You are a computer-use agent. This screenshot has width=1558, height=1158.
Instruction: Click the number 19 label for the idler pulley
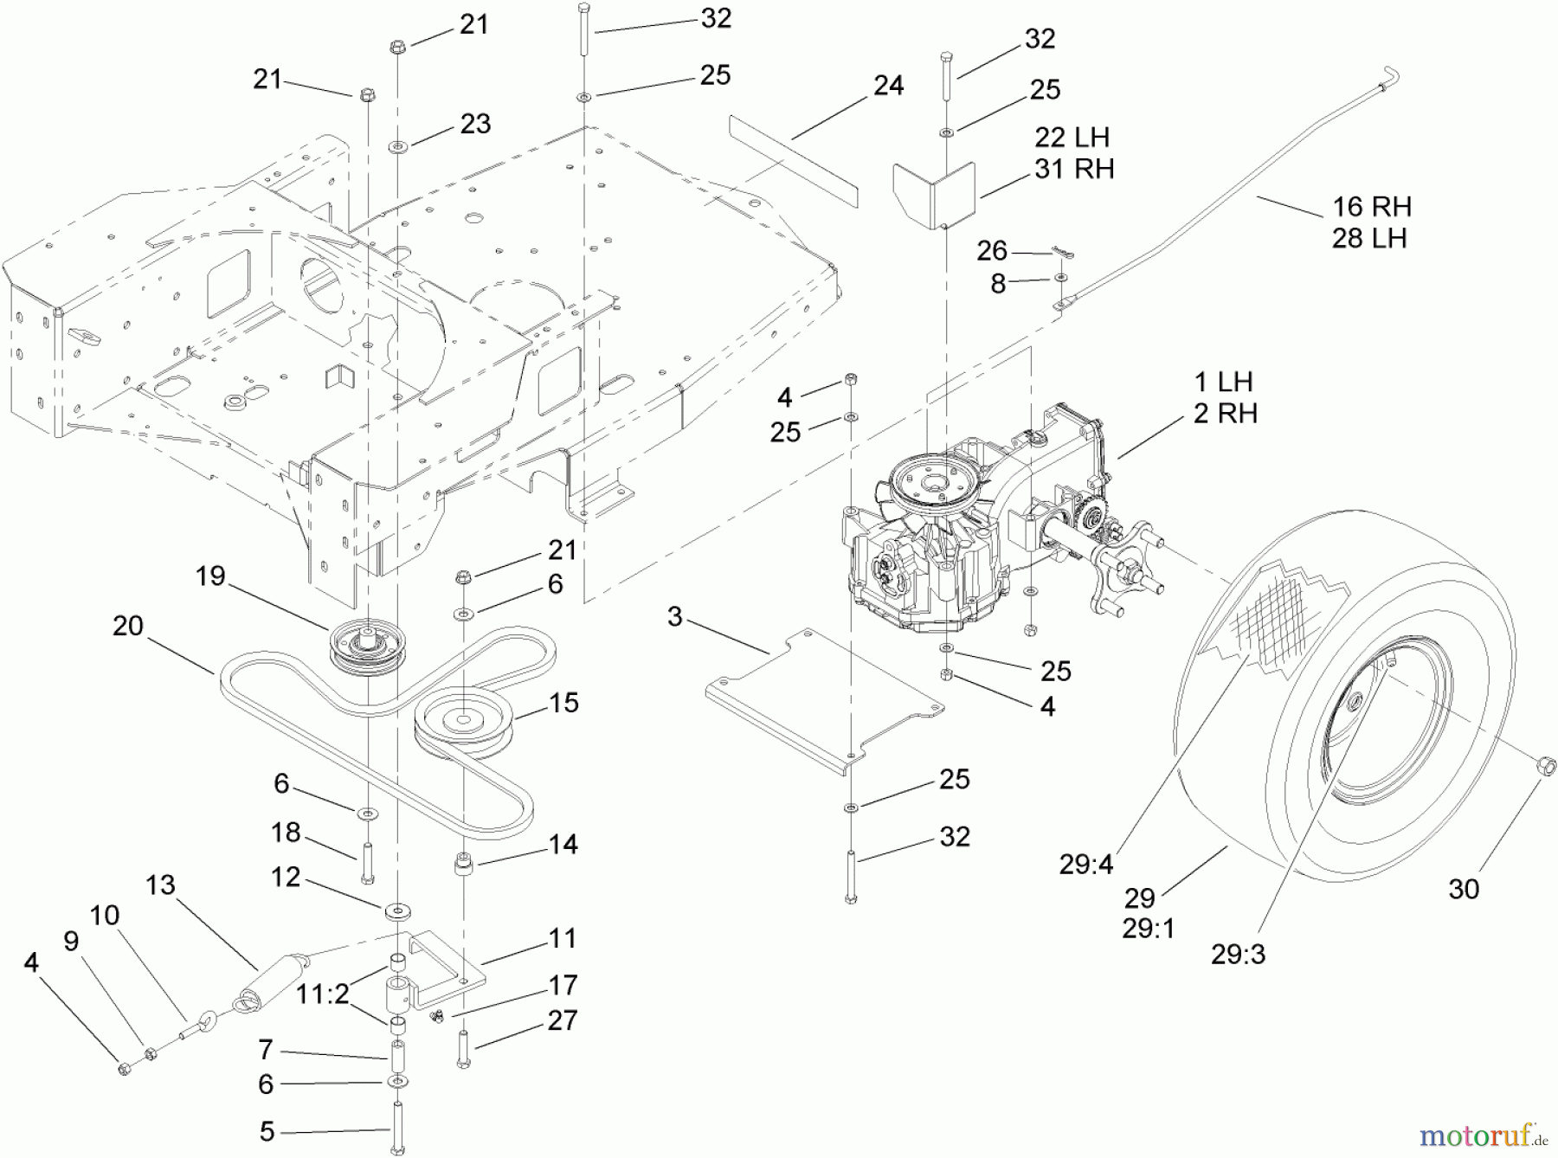210,576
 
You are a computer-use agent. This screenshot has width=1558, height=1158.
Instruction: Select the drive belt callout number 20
128,626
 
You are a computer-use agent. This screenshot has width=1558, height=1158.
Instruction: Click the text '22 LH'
1072,138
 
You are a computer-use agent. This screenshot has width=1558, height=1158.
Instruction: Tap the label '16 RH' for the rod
1372,207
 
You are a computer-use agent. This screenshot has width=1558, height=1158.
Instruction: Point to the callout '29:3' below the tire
1238,955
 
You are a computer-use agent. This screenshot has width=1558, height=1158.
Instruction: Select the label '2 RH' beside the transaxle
1225,414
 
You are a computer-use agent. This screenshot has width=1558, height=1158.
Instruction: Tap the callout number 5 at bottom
267,1130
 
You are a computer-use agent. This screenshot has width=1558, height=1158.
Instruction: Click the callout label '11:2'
322,995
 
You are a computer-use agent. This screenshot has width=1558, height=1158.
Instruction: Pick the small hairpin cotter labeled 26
1063,252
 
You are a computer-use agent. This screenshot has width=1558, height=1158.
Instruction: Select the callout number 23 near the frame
475,124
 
